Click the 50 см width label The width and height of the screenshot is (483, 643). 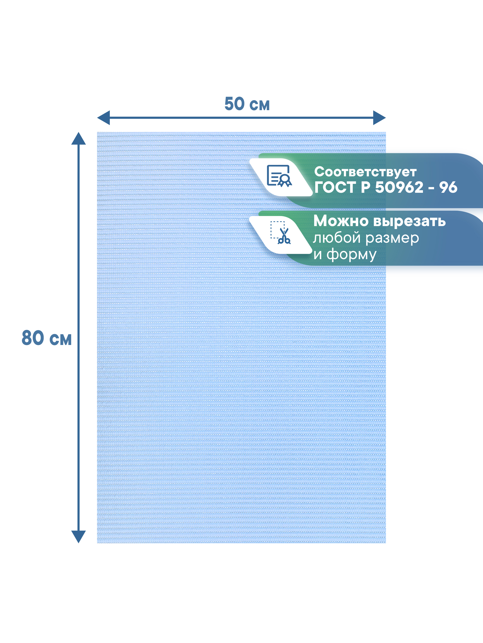[247, 104]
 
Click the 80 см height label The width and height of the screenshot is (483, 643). [47, 338]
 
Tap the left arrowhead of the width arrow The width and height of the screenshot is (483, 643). [104, 118]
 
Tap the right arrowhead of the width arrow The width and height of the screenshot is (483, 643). [379, 118]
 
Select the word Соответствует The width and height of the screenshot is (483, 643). [365, 172]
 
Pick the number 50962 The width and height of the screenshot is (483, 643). [399, 187]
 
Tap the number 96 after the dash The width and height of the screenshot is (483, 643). [448, 187]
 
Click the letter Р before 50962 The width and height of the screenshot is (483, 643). [365, 187]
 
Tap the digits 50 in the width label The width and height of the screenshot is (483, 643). [234, 104]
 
